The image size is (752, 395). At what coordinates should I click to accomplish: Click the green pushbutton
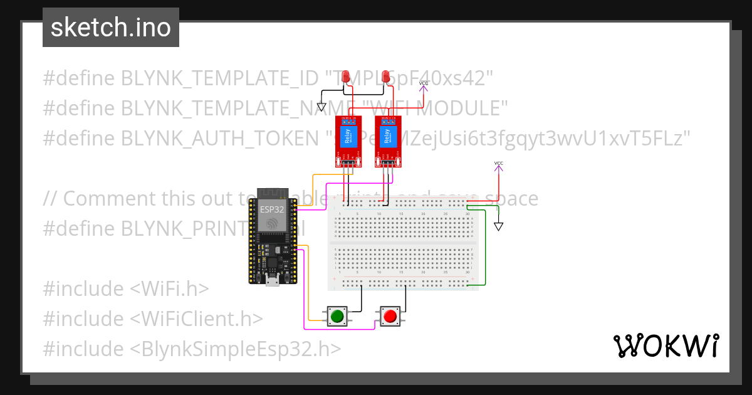337,316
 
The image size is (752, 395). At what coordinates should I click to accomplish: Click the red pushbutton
390,316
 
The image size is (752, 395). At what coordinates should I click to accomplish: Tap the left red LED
346,77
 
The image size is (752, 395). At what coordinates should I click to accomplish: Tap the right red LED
386,77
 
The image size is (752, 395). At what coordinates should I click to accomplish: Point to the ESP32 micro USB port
273,280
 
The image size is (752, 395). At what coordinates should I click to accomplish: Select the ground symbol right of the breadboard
498,226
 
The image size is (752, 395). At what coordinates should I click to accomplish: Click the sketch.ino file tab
111,28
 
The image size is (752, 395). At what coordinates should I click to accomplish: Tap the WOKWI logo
666,345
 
